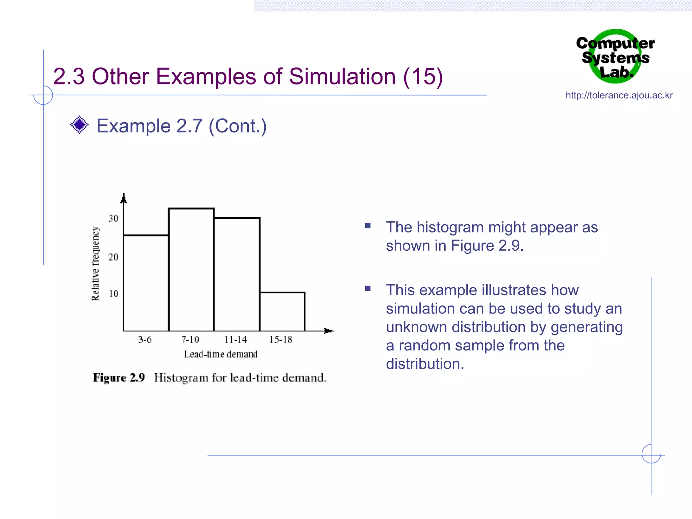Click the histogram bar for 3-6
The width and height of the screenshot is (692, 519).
point(146,283)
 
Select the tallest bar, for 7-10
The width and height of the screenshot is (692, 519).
point(191,270)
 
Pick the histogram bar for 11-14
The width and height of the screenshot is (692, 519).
point(237,274)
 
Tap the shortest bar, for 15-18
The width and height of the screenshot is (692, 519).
point(282,312)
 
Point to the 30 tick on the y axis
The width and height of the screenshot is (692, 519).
point(113,218)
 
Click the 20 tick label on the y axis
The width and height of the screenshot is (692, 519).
point(113,257)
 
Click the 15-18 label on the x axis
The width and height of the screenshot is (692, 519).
point(280,339)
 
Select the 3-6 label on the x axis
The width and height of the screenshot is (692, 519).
point(145,339)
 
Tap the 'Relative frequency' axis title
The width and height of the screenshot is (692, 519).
point(96,264)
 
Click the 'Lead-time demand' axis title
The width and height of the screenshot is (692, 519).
point(221,354)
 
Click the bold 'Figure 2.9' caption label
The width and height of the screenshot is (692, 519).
point(119,377)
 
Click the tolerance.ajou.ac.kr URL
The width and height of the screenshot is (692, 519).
point(619,95)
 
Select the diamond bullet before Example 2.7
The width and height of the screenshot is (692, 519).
point(79,125)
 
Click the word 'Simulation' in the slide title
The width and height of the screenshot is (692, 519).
point(342,76)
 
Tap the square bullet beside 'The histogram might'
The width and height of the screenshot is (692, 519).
point(368,226)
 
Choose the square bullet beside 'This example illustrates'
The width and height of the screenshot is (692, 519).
point(368,289)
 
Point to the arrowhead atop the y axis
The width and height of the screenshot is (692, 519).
point(124,199)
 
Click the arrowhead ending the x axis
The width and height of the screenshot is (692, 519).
point(328,331)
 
